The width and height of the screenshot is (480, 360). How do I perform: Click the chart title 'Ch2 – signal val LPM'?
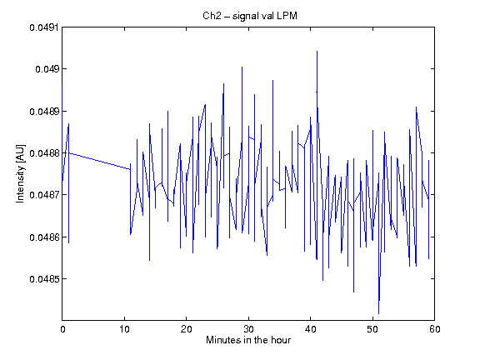click(x=250, y=16)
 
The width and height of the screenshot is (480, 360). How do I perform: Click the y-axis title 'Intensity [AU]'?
click(x=21, y=173)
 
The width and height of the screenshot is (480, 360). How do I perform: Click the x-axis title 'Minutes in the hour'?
click(x=248, y=340)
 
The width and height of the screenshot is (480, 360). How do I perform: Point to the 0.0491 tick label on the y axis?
click(x=44, y=27)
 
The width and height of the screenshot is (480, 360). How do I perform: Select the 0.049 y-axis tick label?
click(x=47, y=69)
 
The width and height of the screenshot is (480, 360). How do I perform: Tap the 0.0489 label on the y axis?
click(x=44, y=112)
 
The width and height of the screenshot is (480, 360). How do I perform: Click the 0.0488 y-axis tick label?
click(x=44, y=153)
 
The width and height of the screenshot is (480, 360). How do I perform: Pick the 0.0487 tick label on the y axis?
click(x=44, y=195)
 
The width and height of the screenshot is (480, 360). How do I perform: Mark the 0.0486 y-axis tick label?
click(x=44, y=237)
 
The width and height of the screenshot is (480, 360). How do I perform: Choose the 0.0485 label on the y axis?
click(x=44, y=279)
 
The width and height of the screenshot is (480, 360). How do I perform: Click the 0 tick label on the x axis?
click(x=62, y=329)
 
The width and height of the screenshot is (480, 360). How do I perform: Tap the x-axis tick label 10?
click(x=125, y=329)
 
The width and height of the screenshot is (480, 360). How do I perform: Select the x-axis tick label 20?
click(x=187, y=329)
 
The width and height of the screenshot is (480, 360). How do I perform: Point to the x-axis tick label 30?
click(x=248, y=329)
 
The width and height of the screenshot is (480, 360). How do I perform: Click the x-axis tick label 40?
click(x=311, y=329)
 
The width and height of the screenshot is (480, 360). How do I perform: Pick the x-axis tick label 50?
click(x=372, y=329)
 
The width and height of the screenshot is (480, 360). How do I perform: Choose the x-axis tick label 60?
click(x=435, y=329)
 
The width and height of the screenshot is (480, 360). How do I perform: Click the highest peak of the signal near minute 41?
click(x=317, y=52)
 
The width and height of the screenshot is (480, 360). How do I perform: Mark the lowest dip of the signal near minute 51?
click(x=378, y=313)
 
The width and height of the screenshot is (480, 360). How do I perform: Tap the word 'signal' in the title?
click(x=245, y=16)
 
